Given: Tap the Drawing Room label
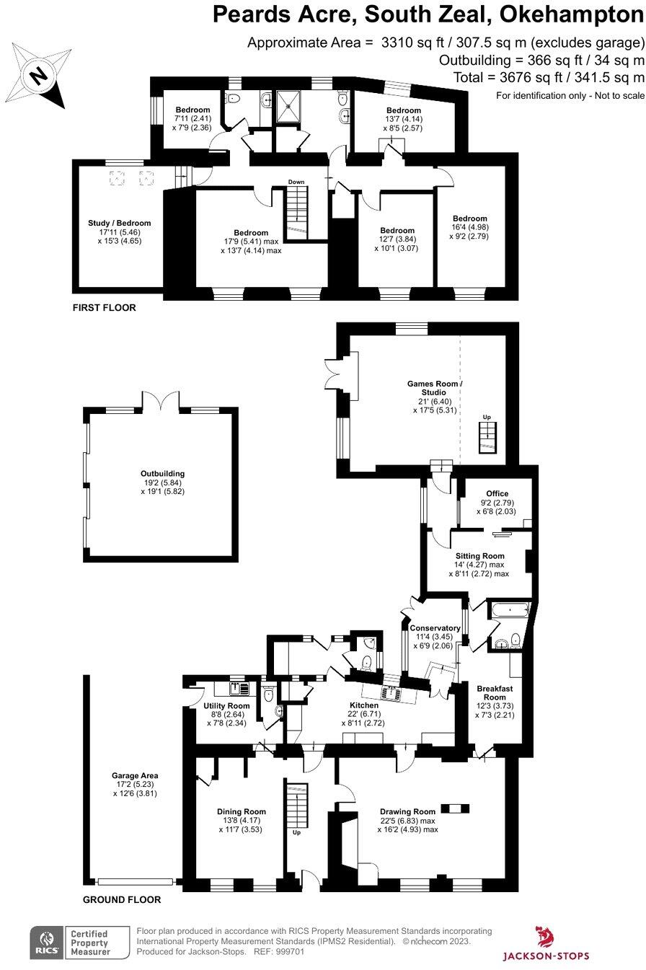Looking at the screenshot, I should [407, 811].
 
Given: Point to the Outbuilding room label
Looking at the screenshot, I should [162, 474].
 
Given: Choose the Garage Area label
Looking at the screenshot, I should [135, 775].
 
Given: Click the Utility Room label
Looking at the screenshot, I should [226, 706].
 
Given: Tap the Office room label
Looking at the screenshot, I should [497, 493].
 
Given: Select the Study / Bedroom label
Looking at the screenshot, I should [119, 223].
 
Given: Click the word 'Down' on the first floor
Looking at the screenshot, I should [296, 182].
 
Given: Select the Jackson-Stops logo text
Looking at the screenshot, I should [546, 956].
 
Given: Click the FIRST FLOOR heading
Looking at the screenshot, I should [104, 307].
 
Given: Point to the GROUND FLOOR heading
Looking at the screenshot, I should [122, 899].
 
